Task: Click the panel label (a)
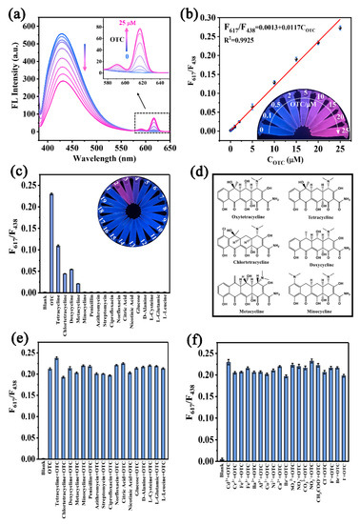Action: click(17, 12)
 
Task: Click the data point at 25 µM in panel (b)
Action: click(340, 29)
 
